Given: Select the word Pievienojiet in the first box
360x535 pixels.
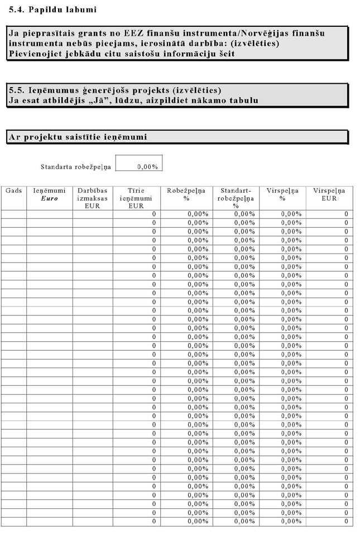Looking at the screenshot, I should coord(37,54).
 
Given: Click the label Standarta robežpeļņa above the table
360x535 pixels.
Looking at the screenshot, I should coord(76,166).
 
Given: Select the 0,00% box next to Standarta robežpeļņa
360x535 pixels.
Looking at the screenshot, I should coord(139,166).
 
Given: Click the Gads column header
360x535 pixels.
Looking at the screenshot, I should coord(13,190).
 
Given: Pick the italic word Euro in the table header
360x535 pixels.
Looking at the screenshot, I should coord(50,198).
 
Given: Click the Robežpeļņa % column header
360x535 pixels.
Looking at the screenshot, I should coord(186,194).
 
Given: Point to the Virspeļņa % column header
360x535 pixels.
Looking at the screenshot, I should coord(282,194).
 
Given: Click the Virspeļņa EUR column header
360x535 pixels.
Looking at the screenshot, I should coord(329,194).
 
